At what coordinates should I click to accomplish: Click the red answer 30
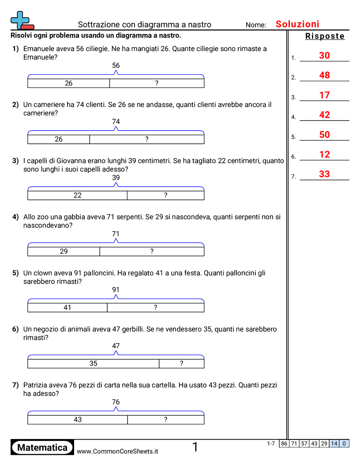324,56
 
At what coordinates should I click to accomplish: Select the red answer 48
324,75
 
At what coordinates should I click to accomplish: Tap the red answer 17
324,95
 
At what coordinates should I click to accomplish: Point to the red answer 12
324,154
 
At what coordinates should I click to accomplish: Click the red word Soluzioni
297,24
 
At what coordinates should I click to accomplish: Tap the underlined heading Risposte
325,36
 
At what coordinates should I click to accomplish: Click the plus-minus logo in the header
22,20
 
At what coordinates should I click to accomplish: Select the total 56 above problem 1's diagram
116,65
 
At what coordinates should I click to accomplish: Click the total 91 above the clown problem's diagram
116,289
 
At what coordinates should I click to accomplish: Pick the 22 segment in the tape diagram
78,195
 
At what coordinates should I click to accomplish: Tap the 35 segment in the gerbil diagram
93,364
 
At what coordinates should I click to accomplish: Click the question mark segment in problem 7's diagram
165,420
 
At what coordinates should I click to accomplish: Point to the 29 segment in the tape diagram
64,252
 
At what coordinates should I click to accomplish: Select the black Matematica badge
42,447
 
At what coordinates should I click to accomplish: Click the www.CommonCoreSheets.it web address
117,451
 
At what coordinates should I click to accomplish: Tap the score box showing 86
284,443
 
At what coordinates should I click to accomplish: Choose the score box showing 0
344,443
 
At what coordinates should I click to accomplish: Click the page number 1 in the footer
195,447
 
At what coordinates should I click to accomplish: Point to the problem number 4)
15,217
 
